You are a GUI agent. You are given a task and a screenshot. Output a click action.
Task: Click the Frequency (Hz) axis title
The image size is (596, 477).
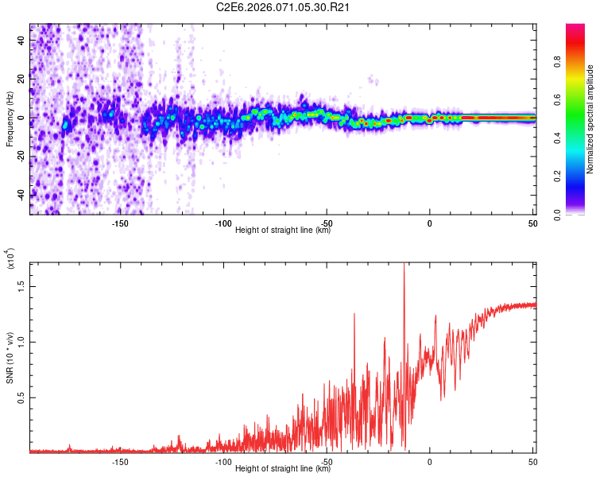(x=10, y=119)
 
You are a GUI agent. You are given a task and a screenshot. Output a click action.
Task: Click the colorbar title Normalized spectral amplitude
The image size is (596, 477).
(x=590, y=119)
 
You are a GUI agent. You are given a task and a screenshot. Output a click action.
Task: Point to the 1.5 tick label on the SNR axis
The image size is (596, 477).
(x=22, y=285)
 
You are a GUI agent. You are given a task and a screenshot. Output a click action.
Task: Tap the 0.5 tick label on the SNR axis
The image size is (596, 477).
(x=22, y=398)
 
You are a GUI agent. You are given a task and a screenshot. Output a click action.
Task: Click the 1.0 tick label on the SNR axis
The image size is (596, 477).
(x=22, y=342)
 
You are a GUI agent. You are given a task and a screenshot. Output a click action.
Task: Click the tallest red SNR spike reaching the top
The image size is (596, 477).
(x=404, y=266)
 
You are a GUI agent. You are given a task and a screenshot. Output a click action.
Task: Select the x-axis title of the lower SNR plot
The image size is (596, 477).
(x=283, y=469)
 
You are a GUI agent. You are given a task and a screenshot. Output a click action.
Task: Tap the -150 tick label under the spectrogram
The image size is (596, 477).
(x=120, y=223)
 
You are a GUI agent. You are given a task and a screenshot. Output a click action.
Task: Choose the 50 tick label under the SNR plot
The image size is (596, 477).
(x=533, y=462)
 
